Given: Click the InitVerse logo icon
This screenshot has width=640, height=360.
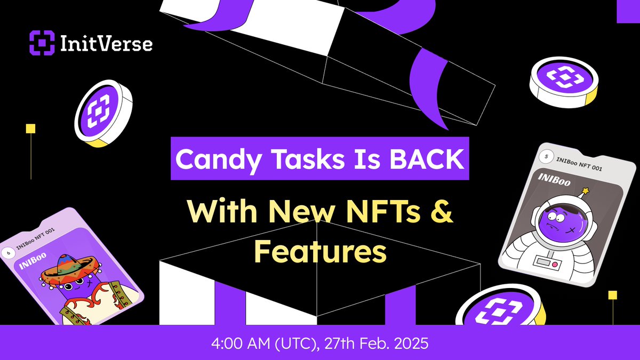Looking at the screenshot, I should point(43,43).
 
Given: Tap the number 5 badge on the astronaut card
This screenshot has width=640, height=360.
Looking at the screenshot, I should point(545,157).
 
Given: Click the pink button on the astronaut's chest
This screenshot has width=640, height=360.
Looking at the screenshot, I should point(554,263).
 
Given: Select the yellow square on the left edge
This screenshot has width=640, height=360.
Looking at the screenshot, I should point(31,129).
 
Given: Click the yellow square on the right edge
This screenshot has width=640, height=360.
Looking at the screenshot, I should point(613,295).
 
